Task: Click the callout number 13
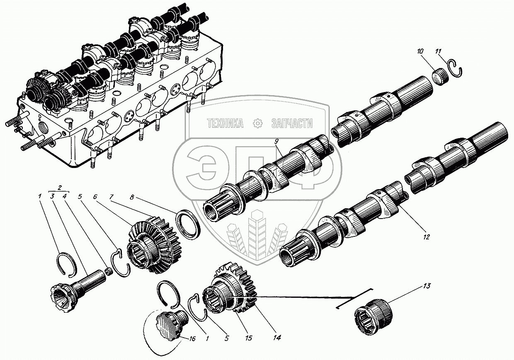coord(427,286)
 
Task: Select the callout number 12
coord(427,238)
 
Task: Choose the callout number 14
coord(277,338)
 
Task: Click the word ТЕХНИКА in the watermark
coord(225,123)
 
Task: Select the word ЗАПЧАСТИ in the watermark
coord(291,123)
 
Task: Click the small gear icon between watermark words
coord(258,123)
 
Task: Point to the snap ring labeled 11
coord(456,69)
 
